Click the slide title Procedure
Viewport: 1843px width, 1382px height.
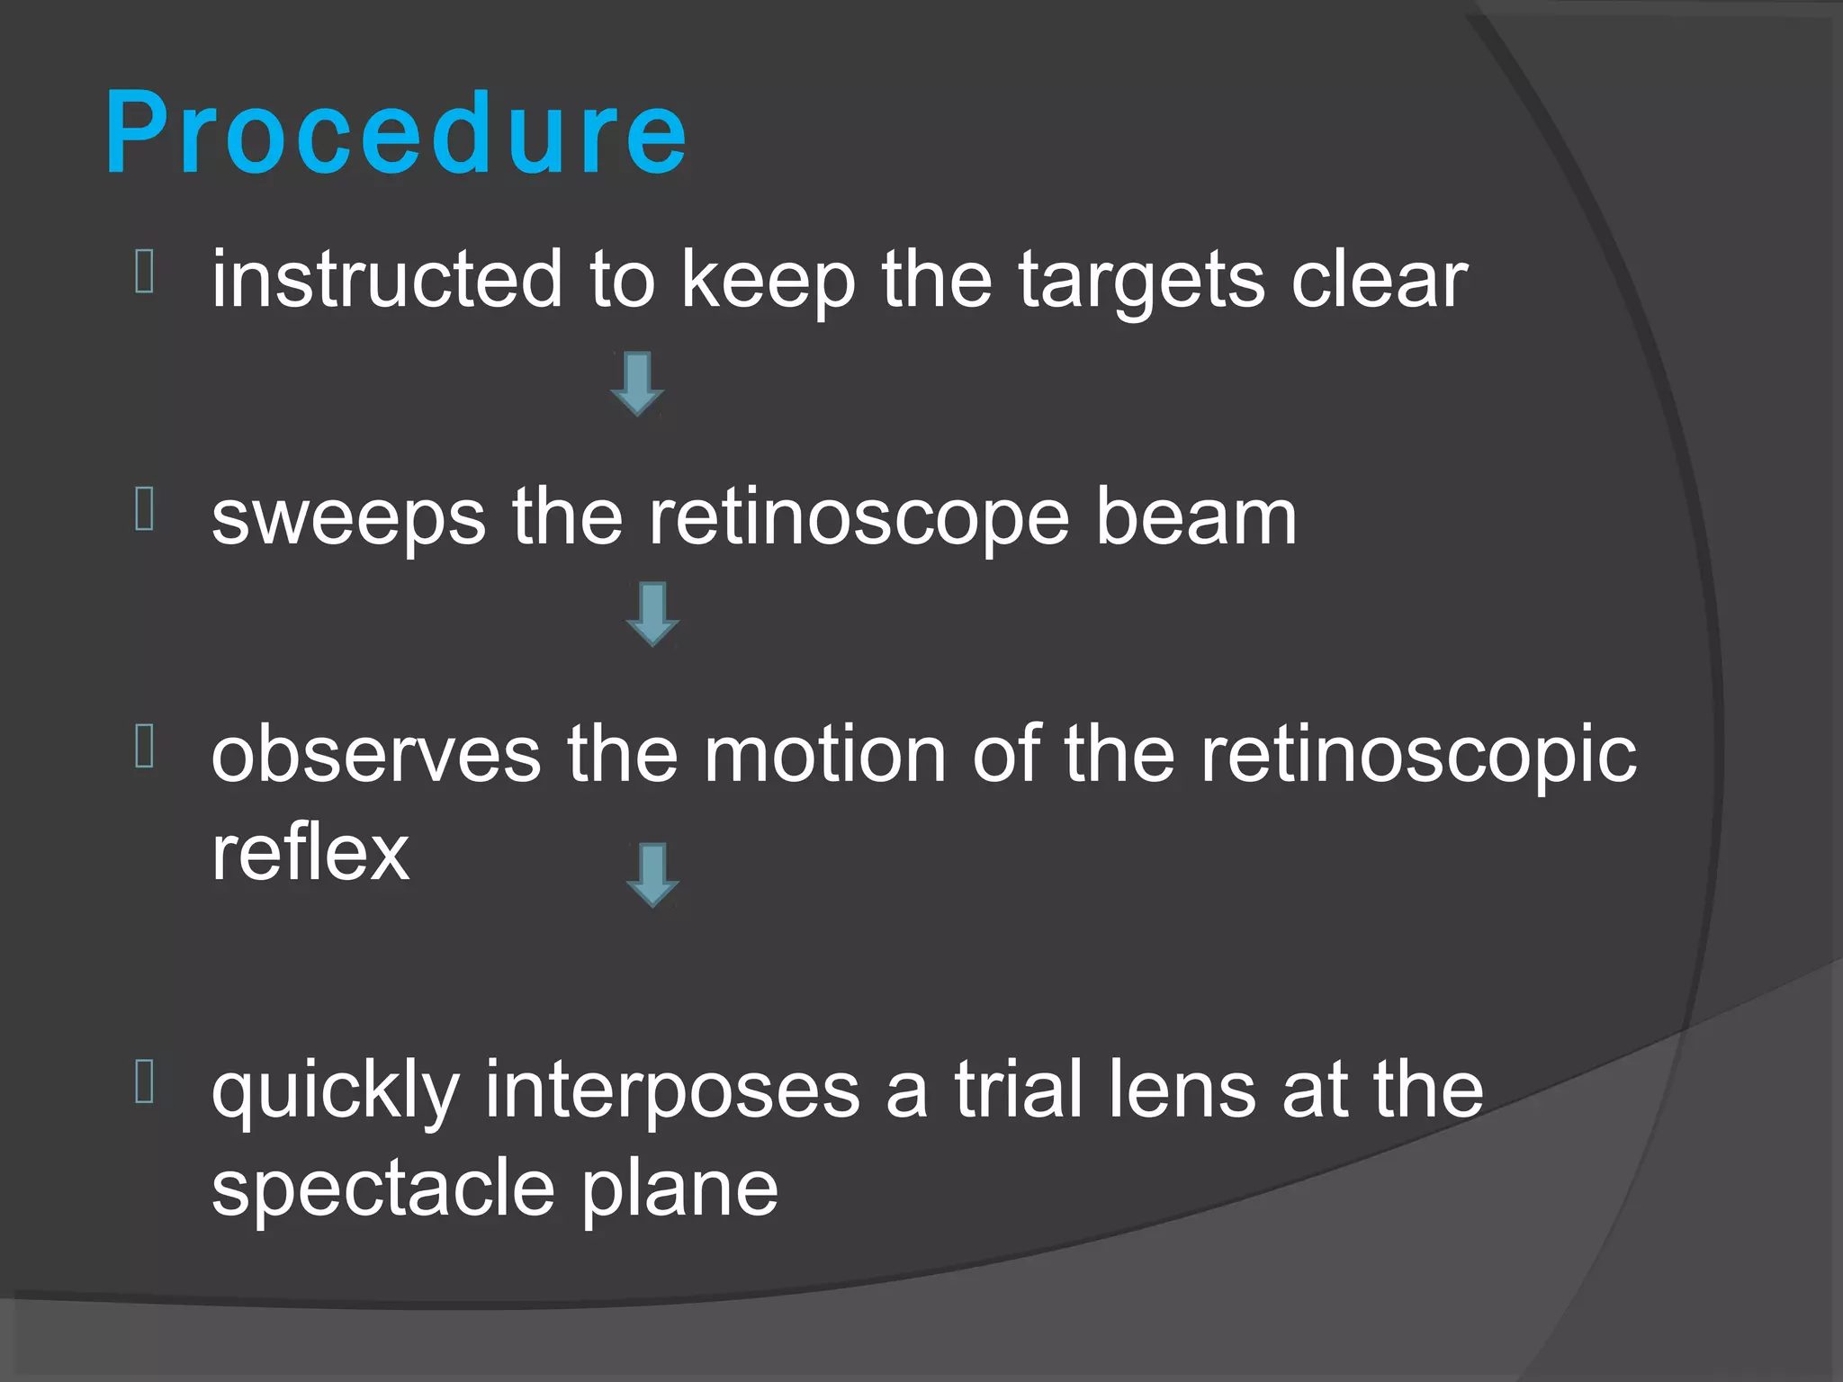pos(396,135)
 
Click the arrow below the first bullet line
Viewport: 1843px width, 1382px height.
pos(637,384)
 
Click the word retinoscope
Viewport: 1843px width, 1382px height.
pos(859,519)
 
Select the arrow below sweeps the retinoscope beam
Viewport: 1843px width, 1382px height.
pos(652,615)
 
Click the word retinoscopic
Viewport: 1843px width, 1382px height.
pos(1418,756)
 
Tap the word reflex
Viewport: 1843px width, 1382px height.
pos(310,852)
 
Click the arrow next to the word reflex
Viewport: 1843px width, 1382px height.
pos(652,875)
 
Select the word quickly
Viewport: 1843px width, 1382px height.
pos(335,1091)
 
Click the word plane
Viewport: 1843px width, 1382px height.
pos(679,1189)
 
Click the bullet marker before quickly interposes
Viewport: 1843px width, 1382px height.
pos(145,1081)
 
